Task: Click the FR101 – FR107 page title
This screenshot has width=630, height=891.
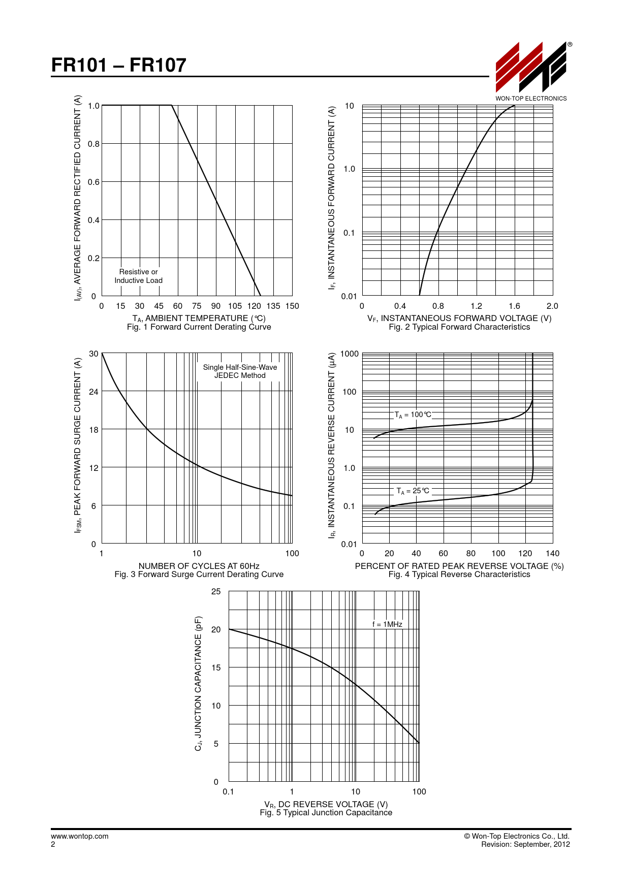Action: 119,65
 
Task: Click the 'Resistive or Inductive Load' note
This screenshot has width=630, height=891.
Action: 138,276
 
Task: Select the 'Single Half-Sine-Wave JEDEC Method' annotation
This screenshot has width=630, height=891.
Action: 240,371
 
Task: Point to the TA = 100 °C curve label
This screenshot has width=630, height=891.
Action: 413,415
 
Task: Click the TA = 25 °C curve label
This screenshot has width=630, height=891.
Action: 413,491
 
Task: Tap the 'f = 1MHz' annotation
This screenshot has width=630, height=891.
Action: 387,624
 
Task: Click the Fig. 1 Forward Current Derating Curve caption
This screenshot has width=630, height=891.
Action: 199,327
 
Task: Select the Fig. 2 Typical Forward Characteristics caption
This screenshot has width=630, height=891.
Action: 459,327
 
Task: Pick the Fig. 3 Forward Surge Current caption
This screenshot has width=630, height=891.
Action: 199,575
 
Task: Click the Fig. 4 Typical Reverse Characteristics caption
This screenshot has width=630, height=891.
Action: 459,575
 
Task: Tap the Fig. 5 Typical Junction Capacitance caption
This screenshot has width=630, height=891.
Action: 326,813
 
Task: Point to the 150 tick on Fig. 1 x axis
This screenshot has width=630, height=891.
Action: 292,306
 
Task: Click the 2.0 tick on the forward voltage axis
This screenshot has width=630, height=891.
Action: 552,306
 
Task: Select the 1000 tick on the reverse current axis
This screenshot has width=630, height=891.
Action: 350,354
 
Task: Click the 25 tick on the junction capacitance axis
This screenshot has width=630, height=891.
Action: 216,591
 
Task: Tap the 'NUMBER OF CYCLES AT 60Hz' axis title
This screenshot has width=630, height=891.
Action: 199,566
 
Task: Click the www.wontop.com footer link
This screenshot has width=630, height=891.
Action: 80,836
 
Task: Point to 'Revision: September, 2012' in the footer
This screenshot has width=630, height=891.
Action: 525,844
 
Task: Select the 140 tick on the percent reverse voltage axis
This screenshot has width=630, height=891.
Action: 552,553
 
